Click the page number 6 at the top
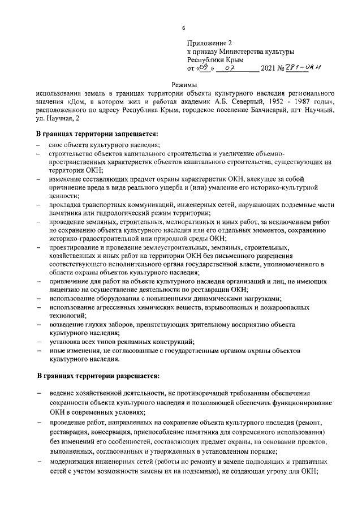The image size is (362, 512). pyautogui.click(x=183, y=28)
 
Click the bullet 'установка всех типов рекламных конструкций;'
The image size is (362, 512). pyautogui.click(x=122, y=342)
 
